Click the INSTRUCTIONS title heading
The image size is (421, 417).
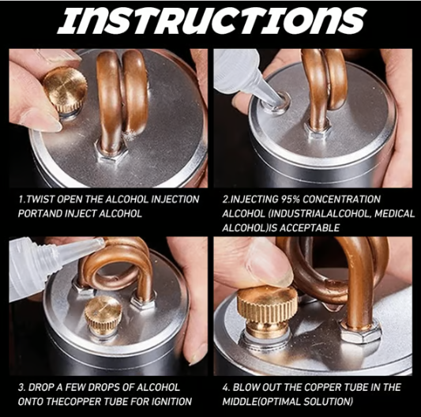pyautogui.click(x=210, y=21)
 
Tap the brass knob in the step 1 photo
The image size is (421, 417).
pyautogui.click(x=65, y=89)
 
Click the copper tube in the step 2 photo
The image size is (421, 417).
pyautogui.click(x=324, y=87)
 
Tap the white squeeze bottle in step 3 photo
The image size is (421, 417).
pyautogui.click(x=39, y=265)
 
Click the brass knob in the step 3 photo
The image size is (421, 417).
pyautogui.click(x=104, y=314)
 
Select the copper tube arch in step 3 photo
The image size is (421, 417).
pyautogui.click(x=118, y=265)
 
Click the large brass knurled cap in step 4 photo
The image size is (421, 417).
pyautogui.click(x=268, y=309)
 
